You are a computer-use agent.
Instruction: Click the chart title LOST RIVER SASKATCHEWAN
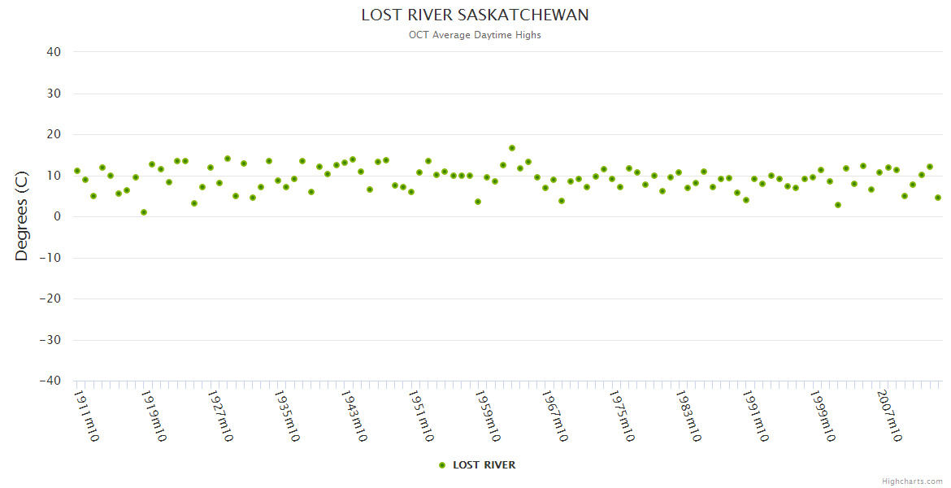pos(475,15)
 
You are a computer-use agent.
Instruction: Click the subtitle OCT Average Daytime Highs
pos(475,35)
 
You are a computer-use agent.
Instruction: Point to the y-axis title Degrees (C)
pos(22,216)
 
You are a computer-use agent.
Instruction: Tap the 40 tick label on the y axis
pos(54,52)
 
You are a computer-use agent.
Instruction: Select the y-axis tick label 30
pos(54,94)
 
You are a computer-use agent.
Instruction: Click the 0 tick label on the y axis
pos(58,216)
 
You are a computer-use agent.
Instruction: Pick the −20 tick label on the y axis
pos(50,298)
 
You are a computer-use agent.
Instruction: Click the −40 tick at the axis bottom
pos(50,381)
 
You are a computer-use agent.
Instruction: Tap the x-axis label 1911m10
pos(86,416)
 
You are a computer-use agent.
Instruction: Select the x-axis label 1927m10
pos(220,416)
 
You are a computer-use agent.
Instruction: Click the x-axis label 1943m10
pos(354,416)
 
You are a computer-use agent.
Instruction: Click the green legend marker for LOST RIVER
pos(442,465)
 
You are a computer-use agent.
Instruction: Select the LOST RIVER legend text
pos(484,465)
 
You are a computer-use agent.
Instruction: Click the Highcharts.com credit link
pos(912,481)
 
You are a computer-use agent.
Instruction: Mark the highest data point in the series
pos(512,148)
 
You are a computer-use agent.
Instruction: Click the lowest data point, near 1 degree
pos(144,212)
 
